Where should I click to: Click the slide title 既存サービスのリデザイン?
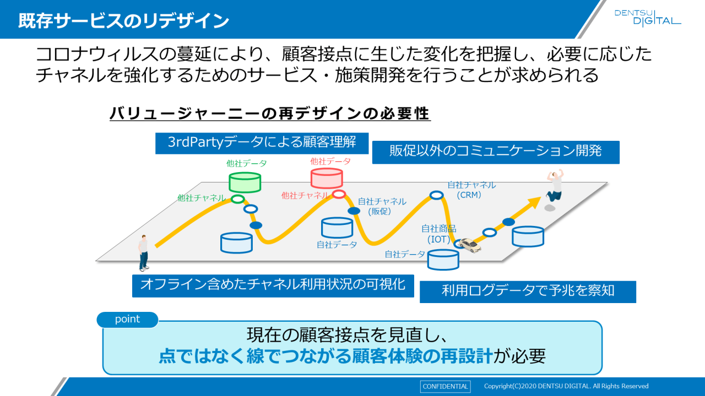click(123, 21)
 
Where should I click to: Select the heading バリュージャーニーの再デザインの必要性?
click(269, 113)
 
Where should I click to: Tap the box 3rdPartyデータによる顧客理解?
click(262, 142)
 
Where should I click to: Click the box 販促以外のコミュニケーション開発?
click(496, 152)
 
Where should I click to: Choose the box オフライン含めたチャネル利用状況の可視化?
click(273, 285)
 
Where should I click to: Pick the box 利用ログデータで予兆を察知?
click(528, 291)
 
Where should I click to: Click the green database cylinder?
click(245, 182)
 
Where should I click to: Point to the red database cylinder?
click(327, 178)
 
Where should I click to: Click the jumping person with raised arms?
click(555, 185)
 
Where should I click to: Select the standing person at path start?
click(144, 252)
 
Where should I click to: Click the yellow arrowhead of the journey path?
click(534, 204)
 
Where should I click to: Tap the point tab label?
click(127, 320)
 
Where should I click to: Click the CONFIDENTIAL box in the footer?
click(445, 386)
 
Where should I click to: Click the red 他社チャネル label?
click(305, 195)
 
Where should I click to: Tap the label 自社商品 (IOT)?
click(439, 234)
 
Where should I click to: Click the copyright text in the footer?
click(566, 386)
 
